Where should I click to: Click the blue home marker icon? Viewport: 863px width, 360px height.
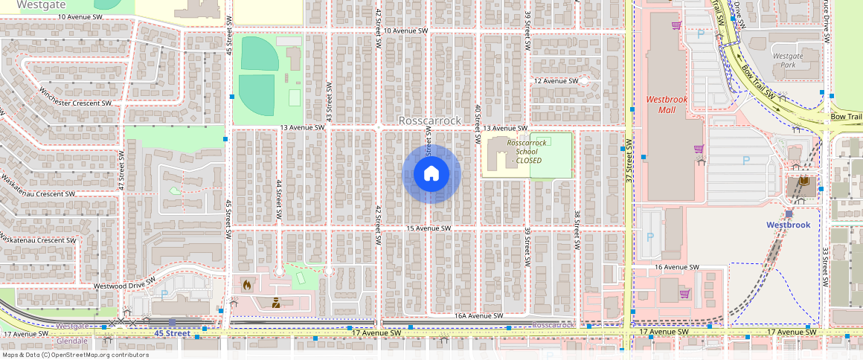click(431, 174)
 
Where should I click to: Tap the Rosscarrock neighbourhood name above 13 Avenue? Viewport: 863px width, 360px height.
click(430, 120)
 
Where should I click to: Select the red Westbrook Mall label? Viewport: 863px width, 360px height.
click(666, 104)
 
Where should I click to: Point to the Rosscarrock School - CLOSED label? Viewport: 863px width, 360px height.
click(526, 151)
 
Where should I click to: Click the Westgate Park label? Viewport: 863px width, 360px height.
click(788, 60)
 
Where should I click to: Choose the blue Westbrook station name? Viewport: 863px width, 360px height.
click(788, 225)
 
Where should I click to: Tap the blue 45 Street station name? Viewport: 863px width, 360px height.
click(173, 333)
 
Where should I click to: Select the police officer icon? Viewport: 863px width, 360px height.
click(276, 303)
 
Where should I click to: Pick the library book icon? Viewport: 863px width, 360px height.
click(803, 181)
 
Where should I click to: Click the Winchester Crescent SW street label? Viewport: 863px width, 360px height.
click(75, 97)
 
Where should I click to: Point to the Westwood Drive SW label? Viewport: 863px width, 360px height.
click(123, 286)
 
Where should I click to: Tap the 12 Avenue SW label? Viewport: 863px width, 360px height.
click(556, 80)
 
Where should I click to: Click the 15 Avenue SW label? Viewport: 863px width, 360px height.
click(429, 228)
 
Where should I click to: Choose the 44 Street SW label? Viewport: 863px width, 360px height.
click(278, 199)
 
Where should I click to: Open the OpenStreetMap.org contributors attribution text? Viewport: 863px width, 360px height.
click(74, 354)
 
